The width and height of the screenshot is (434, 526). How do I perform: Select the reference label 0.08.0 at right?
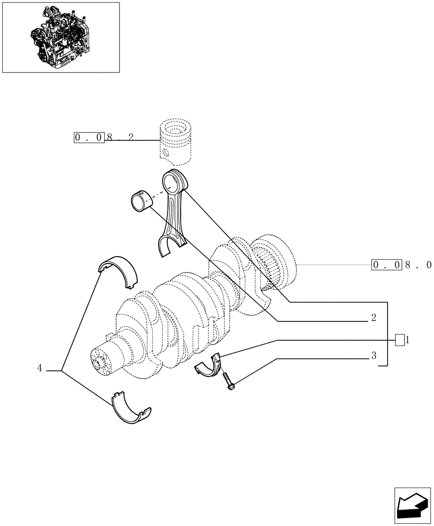tap(402, 265)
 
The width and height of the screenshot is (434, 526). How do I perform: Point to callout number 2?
tap(373, 318)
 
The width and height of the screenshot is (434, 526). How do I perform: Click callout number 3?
tap(373, 356)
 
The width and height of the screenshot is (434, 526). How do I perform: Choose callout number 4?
tap(40, 369)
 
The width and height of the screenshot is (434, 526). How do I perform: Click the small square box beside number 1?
tap(400, 340)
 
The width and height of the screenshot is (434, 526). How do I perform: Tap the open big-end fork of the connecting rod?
tap(172, 246)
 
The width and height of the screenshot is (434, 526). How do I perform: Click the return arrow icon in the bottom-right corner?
tap(412, 506)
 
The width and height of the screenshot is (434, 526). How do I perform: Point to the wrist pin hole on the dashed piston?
tap(165, 154)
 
